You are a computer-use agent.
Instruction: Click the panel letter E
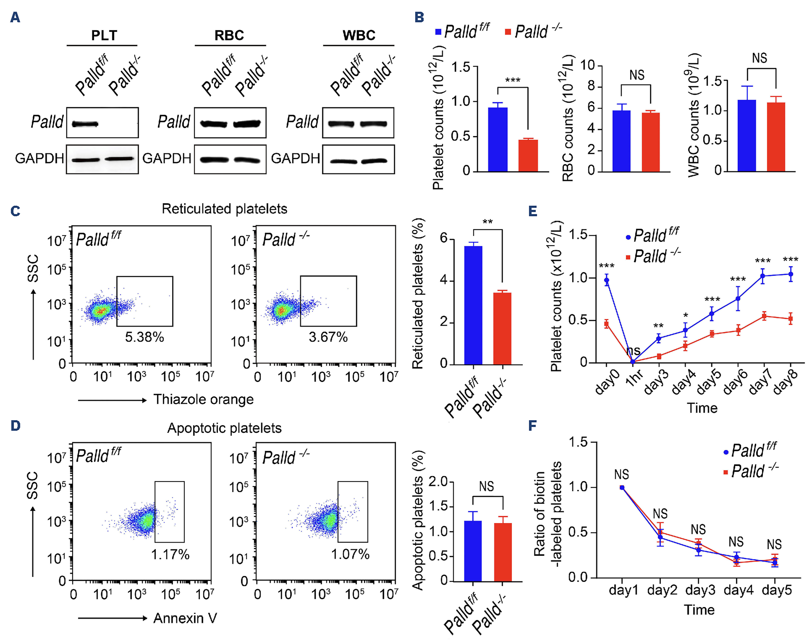tap(533, 211)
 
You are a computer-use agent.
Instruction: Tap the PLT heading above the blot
tap(104, 35)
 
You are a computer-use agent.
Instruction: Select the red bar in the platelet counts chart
tap(528, 156)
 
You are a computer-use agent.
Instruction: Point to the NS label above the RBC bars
tap(637, 75)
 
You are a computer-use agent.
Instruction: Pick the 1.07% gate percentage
tap(350, 554)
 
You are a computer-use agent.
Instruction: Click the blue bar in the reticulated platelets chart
tap(473, 305)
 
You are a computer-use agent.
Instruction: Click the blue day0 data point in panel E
tap(606, 280)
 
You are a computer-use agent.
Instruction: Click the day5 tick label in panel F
tap(777, 590)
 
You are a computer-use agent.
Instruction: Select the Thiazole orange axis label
tap(203, 400)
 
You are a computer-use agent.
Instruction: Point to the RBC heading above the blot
tap(229, 35)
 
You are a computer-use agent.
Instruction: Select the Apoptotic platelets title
tap(224, 428)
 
